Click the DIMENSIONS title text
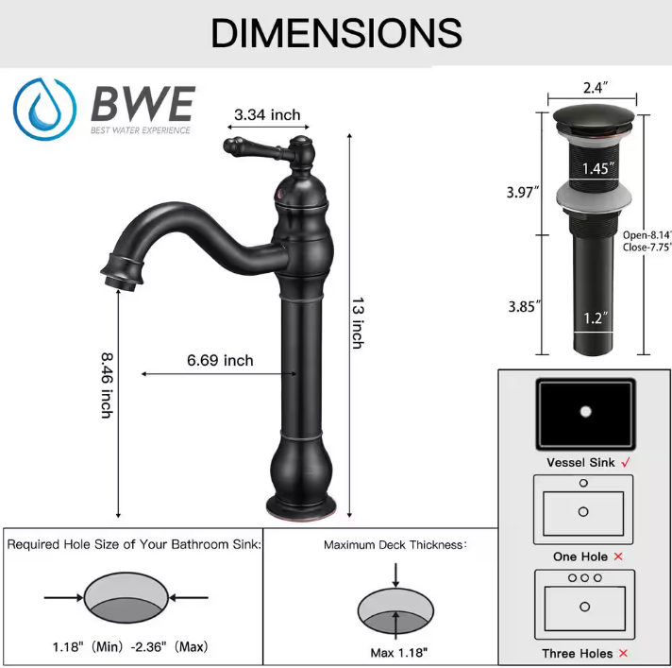click(336, 33)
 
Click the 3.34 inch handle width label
click(267, 115)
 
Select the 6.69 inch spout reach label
click(220, 360)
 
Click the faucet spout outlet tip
click(120, 275)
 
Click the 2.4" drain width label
click(594, 87)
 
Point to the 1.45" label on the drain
click(597, 169)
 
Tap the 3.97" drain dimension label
click(523, 192)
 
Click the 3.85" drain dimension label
click(523, 306)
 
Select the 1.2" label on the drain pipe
click(593, 318)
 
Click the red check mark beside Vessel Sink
click(626, 463)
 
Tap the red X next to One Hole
click(618, 557)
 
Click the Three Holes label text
click(577, 653)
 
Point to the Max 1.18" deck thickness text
click(399, 652)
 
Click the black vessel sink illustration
click(585, 415)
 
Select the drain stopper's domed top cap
click(594, 117)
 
